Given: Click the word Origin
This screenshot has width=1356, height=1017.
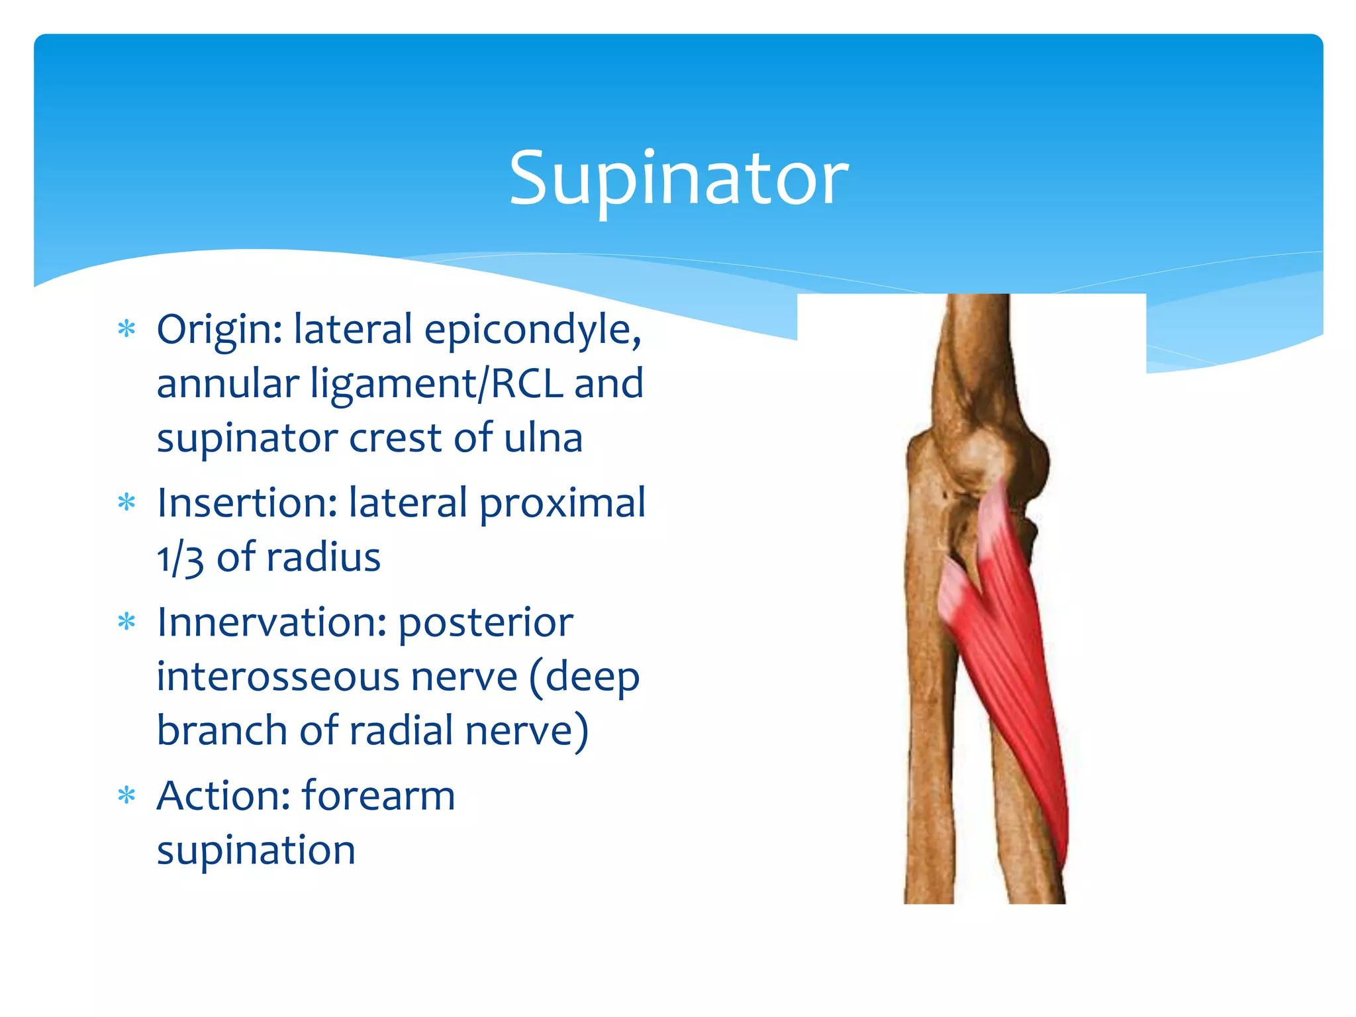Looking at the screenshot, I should [x=218, y=330].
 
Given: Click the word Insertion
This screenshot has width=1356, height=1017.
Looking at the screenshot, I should [x=247, y=503].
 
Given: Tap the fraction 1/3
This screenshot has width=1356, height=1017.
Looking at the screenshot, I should [x=179, y=558].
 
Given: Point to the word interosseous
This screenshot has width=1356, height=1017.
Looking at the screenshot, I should [x=337, y=677].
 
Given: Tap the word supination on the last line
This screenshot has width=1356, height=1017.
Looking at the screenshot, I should [x=256, y=851].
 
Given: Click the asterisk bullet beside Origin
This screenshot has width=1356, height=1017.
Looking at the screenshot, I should [x=126, y=329].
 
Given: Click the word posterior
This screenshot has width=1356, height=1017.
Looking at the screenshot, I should [x=485, y=624].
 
